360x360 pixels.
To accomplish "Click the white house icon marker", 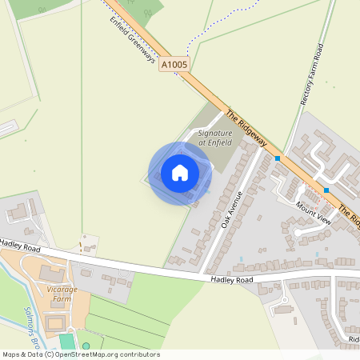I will pyautogui.click(x=180, y=172).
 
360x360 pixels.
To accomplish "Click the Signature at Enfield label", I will pyautogui.click(x=214, y=137).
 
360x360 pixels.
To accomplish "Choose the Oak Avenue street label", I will pyautogui.click(x=232, y=211).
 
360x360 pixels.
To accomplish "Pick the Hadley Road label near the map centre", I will pyautogui.click(x=231, y=280).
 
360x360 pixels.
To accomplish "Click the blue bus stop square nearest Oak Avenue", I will pyautogui.click(x=278, y=158).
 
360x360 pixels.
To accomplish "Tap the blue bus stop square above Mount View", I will pyautogui.click(x=326, y=190).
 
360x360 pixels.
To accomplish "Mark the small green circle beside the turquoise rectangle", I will pyautogui.click(x=86, y=346).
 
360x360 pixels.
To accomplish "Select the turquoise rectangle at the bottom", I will pyautogui.click(x=65, y=345).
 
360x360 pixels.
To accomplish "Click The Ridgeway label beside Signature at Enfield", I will pyautogui.click(x=245, y=126).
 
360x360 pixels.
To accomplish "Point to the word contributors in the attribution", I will pyautogui.click(x=138, y=354).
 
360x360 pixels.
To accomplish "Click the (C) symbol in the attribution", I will pyautogui.click(x=49, y=354).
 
